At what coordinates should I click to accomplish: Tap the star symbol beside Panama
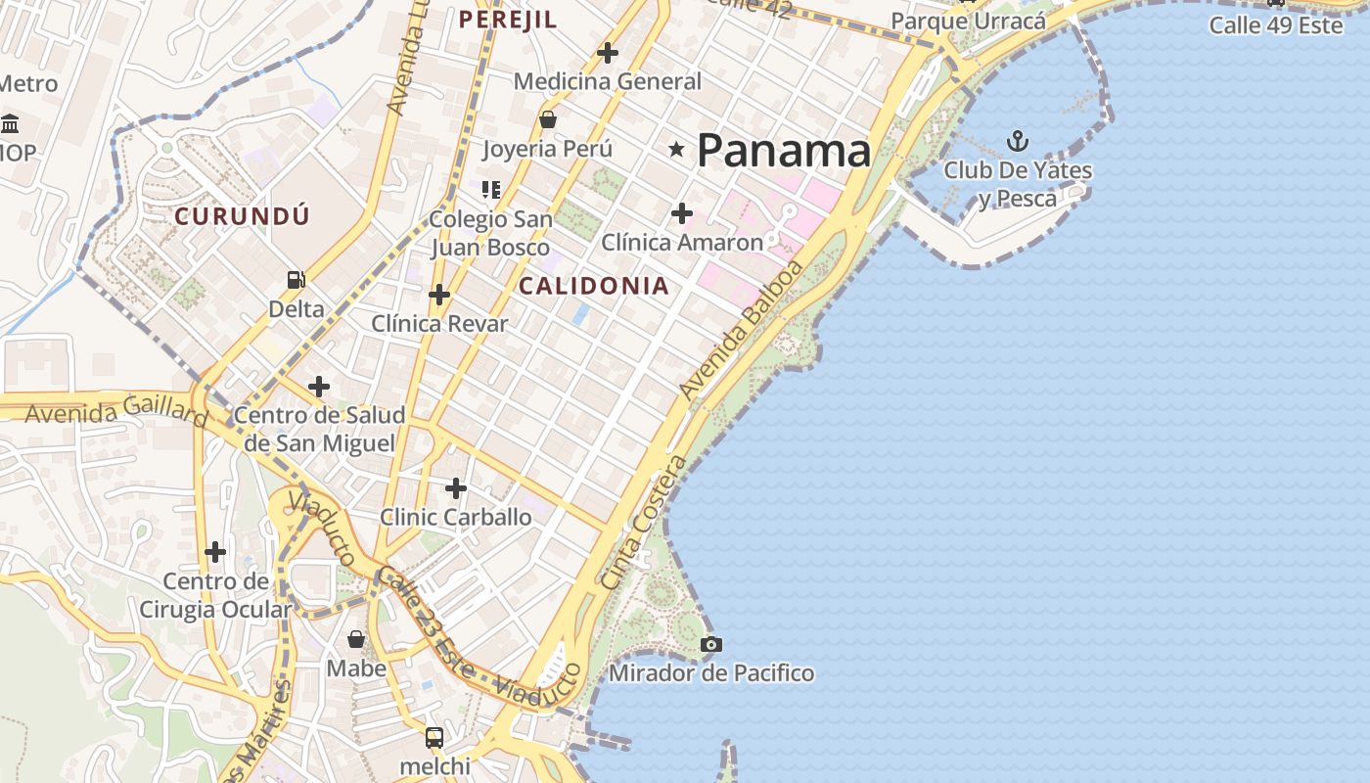point(676,149)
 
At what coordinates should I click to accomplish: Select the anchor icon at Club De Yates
point(1018,141)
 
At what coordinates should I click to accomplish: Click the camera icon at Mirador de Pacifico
point(711,644)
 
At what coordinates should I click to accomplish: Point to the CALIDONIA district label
point(594,286)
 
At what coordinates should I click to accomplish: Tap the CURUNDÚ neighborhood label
point(242,216)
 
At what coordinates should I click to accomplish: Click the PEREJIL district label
point(508,20)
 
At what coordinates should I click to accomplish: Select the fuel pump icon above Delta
point(296,280)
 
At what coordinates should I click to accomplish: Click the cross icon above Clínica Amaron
point(682,212)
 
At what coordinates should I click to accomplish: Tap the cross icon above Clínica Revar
point(439,294)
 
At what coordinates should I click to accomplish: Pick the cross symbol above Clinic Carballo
point(456,487)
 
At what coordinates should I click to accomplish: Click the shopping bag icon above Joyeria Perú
point(548,119)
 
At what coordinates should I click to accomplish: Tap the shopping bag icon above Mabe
point(356,639)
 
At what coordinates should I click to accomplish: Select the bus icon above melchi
point(434,737)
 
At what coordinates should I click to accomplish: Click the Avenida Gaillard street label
point(115,411)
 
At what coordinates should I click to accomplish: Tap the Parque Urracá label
point(968,21)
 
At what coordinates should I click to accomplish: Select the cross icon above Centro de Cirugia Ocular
point(215,552)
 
